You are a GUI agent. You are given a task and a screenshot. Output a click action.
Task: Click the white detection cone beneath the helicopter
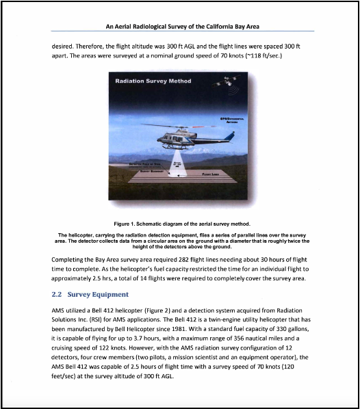pyautogui.click(x=178, y=161)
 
